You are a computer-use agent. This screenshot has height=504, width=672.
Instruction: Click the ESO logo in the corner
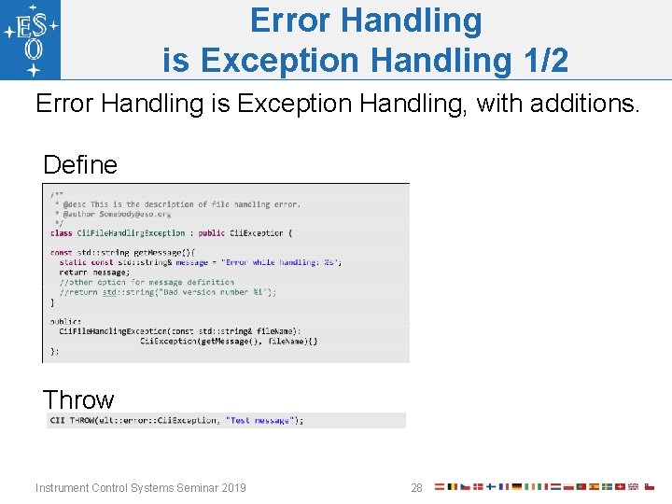pyautogui.click(x=31, y=39)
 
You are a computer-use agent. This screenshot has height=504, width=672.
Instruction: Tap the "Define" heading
pyautogui.click(x=80, y=165)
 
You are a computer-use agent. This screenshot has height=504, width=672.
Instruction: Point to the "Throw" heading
pyautogui.click(x=78, y=399)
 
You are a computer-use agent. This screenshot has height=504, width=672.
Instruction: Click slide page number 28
pyautogui.click(x=416, y=487)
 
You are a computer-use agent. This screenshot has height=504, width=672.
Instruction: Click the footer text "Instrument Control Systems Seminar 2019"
pyautogui.click(x=141, y=487)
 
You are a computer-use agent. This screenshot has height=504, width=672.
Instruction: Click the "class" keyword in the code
pyautogui.click(x=61, y=232)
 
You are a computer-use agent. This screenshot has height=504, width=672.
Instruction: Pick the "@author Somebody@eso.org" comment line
pyautogui.click(x=112, y=214)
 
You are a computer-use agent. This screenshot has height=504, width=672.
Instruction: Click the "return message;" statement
pyautogui.click(x=94, y=273)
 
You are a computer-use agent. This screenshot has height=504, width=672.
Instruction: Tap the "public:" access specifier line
pyautogui.click(x=65, y=321)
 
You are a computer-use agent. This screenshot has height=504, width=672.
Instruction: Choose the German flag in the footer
pyautogui.click(x=516, y=486)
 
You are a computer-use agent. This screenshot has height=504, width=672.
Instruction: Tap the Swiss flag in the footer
pyautogui.click(x=620, y=486)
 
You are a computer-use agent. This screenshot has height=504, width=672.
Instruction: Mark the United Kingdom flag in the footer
pyautogui.click(x=633, y=486)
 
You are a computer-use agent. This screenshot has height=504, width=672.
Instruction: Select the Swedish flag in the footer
pyautogui.click(x=607, y=486)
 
